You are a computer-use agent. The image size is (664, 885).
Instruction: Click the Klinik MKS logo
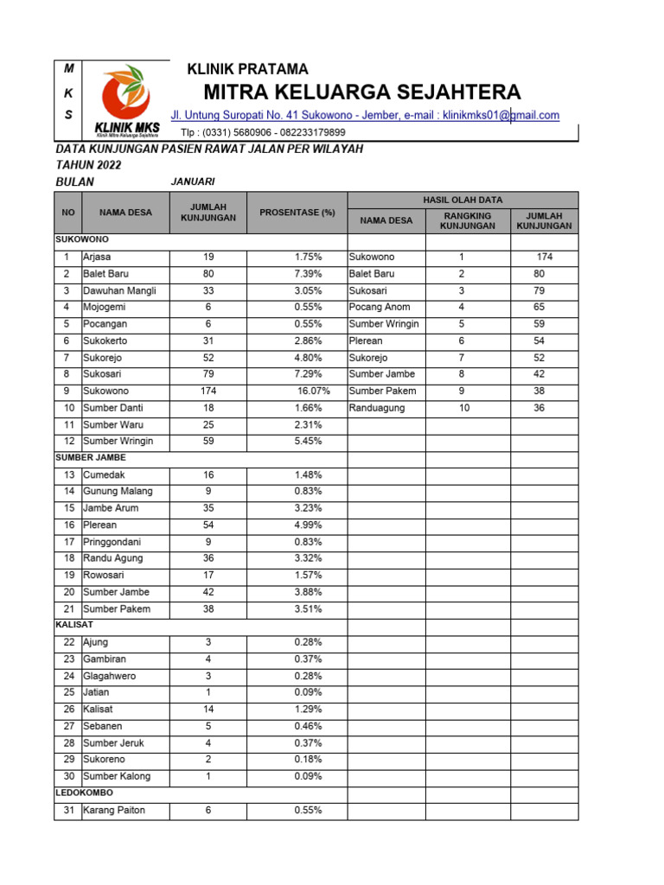tap(127, 102)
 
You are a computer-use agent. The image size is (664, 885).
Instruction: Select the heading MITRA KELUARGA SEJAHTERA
tap(362, 92)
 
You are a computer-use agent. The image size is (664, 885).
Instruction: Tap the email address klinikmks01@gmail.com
tap(501, 115)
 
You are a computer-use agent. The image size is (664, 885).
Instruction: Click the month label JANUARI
tap(193, 181)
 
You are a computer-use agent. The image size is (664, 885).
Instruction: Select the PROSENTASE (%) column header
tap(297, 213)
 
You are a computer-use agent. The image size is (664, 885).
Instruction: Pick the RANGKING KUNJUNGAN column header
tap(467, 220)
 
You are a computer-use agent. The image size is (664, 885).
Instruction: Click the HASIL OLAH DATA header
tap(463, 200)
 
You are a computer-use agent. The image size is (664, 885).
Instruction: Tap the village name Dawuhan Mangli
tap(119, 290)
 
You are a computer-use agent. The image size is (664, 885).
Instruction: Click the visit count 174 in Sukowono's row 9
tap(208, 391)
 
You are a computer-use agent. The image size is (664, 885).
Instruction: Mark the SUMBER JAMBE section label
tap(91, 457)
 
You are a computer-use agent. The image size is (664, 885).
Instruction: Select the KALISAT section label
tap(74, 624)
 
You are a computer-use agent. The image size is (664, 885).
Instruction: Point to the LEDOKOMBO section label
tap(84, 792)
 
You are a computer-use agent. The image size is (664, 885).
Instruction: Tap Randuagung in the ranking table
tap(376, 407)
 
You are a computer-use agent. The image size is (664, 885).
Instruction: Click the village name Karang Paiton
tap(114, 810)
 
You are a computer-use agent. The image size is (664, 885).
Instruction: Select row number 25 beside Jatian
tap(68, 692)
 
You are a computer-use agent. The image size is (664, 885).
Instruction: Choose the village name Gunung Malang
tap(118, 491)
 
